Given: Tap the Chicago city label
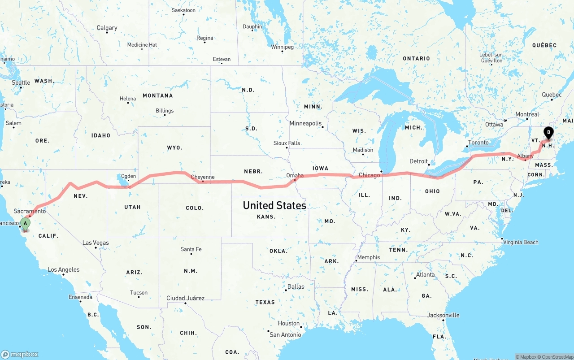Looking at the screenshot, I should pos(370,175).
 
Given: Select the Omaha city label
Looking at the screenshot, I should pos(295,175).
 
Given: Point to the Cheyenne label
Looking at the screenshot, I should pos(203,177).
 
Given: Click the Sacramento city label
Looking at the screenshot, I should pos(30,211).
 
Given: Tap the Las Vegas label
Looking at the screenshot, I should pos(96,243).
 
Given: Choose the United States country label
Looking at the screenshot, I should pos(274,205).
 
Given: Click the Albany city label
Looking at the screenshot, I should pos(525,156).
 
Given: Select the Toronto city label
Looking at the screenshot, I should pos(478,143).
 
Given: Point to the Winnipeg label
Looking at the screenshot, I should pos(282,47).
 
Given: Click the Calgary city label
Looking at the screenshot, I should pos(107,28).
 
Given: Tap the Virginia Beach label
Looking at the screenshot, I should pos(521,242).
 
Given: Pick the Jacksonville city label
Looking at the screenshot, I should pos(443,315).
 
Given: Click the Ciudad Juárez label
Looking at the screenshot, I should pos(185,298).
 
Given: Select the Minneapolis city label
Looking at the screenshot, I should pos(305,123).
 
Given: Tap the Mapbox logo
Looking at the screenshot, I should pos(20,354).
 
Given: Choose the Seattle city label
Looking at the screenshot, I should pos(21,82).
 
